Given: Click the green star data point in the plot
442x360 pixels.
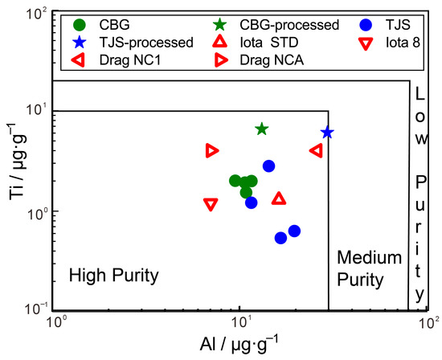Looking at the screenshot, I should (261, 129).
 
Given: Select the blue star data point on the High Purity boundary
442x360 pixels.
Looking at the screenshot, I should (327, 133).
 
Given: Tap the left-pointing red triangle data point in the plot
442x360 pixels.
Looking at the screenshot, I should (316, 150).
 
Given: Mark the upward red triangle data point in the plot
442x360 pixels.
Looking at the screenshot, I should (279, 198).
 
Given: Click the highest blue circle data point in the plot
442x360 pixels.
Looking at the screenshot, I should (269, 166).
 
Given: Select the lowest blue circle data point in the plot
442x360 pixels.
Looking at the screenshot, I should (281, 238).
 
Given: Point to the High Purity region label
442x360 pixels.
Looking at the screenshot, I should (114, 276).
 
